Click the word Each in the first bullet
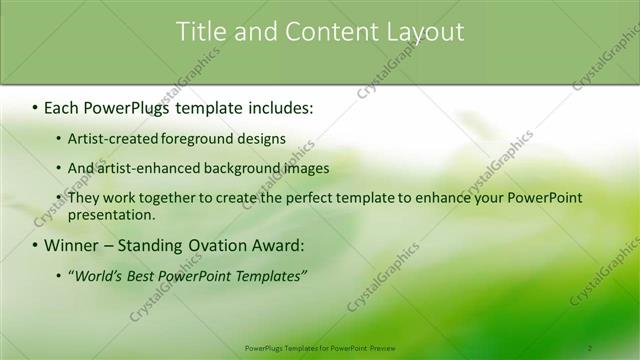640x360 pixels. (62, 107)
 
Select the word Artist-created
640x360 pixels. (111, 139)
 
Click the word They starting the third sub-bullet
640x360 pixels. (84, 198)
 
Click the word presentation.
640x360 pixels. (111, 215)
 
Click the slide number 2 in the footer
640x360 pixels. (590, 348)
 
